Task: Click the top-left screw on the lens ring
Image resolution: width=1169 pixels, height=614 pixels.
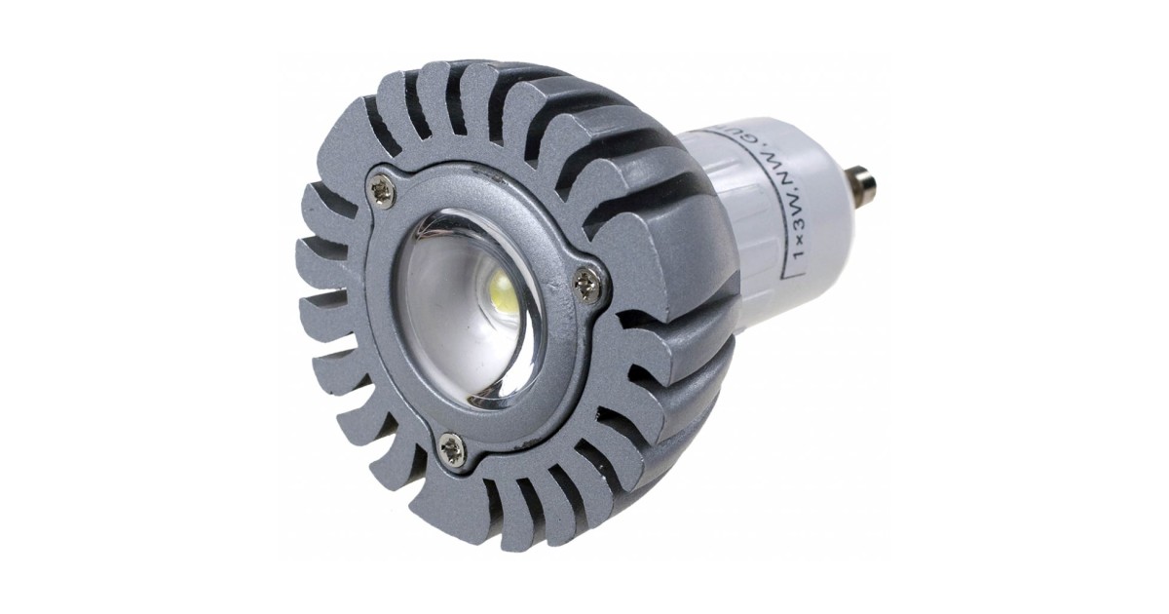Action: [x=382, y=192]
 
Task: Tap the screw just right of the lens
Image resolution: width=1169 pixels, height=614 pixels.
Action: [x=586, y=285]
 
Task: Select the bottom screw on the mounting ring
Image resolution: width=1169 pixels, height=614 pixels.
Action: [x=451, y=447]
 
